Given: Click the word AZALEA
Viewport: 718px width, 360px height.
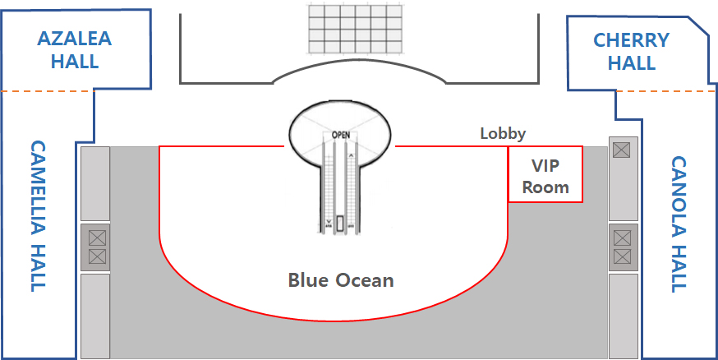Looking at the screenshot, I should coord(75,39).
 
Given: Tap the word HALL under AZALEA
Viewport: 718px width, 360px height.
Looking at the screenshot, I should coord(75,62).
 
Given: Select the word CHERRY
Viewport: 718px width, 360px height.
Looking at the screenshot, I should coord(631,40).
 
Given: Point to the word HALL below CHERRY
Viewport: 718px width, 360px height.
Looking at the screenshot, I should coord(631,62).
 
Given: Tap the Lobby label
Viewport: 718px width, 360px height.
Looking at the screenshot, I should coord(503,133).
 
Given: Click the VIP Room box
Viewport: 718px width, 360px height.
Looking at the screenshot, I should coord(545,174).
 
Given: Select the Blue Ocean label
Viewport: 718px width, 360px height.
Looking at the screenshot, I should coord(341,280).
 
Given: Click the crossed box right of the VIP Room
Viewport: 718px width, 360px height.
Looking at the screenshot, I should coord(621,149).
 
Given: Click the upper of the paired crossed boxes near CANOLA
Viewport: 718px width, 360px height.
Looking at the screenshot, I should coord(622,238).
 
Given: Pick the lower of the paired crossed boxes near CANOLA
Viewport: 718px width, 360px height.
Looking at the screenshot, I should coord(622,257).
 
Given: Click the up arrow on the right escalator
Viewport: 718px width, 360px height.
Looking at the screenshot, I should coord(352,153).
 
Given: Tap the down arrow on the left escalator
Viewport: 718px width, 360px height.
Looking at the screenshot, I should coord(329,221).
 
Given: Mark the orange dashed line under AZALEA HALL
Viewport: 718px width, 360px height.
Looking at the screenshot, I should coord(49,90).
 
